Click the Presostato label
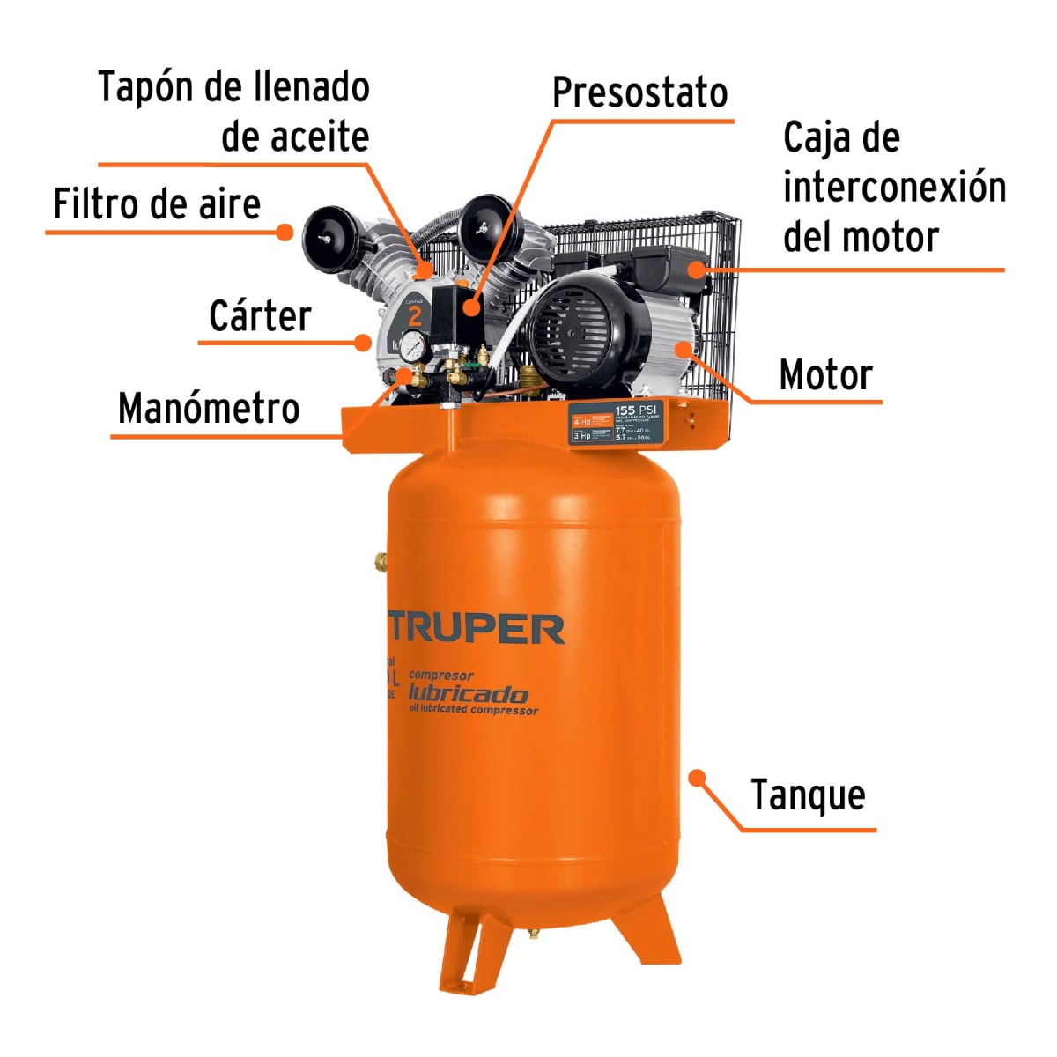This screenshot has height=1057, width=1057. click(639, 93)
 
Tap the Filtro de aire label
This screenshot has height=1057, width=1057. click(157, 204)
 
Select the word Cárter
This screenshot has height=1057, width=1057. click(260, 316)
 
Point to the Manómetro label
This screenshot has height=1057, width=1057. click(209, 409)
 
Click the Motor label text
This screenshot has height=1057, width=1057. click(825, 375)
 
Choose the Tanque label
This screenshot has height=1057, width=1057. click(808, 795)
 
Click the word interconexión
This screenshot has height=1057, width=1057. click(893, 188)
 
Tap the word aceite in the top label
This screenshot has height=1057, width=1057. click(295, 137)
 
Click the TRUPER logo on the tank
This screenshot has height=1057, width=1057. click(477, 629)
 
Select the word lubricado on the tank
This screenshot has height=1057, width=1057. click(468, 693)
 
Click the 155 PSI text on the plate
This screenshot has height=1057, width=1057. click(636, 410)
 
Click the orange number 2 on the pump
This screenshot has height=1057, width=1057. click(415, 316)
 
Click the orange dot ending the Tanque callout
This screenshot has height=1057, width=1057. click(697, 778)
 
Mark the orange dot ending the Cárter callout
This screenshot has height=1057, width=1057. click(362, 342)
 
